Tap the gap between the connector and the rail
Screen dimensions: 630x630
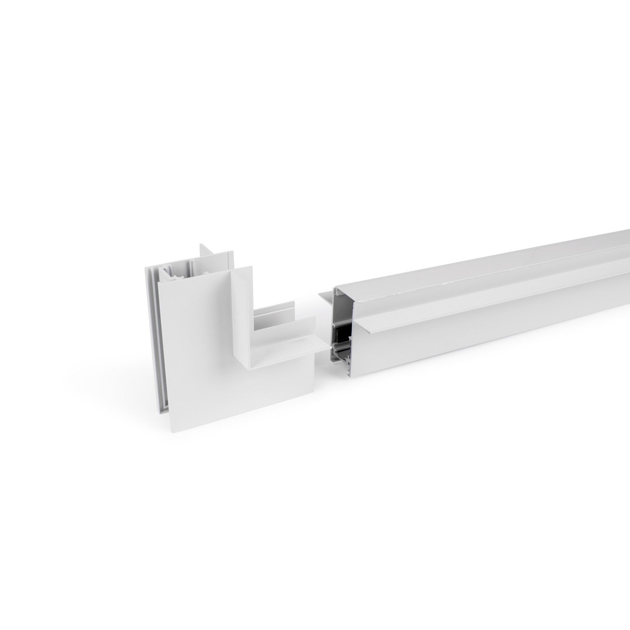323,361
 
